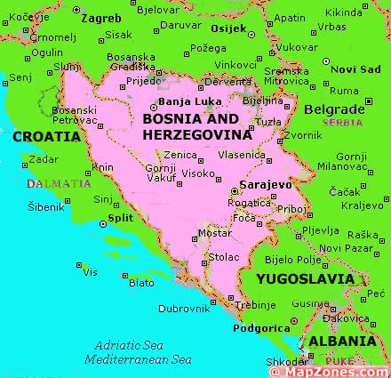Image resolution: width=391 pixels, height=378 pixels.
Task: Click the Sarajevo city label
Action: [266, 184]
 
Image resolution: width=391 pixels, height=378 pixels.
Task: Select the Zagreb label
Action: [100, 17]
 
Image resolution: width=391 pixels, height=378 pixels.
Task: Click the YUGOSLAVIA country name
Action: [305, 278]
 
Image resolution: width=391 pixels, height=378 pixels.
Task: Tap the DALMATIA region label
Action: [59, 183]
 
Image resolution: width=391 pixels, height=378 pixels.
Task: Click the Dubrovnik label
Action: [184, 309]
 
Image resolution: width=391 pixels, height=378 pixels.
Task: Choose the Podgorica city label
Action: [260, 328]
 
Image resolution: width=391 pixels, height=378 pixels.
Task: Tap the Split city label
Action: [120, 217]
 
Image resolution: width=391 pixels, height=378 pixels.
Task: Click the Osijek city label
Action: [227, 28]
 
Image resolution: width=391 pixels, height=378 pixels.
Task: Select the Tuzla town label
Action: [268, 120]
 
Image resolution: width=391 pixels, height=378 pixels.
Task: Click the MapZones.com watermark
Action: [334, 371]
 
